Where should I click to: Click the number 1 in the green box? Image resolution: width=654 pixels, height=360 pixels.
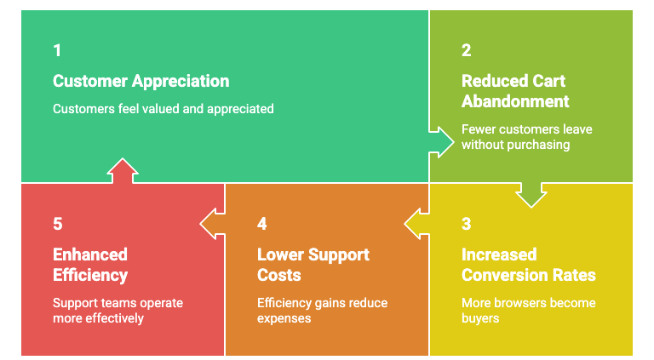coord(57,50)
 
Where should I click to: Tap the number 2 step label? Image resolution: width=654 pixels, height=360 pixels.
coord(466,50)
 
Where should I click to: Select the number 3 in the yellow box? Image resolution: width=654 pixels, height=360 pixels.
coord(466,224)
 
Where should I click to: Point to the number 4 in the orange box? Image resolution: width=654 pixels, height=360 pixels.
coord(262,224)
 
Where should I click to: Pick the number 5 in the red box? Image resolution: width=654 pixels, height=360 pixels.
coord(57,224)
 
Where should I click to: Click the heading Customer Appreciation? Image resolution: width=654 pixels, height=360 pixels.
coord(141,82)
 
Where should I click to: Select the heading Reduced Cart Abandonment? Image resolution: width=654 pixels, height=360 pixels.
coord(514,91)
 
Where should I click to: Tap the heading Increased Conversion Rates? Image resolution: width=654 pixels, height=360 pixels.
coord(528,264)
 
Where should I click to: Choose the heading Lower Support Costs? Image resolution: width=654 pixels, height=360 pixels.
coord(313,264)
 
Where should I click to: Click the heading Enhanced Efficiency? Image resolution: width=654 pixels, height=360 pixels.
coord(90,264)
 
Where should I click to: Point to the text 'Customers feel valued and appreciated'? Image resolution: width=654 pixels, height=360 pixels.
coord(163,109)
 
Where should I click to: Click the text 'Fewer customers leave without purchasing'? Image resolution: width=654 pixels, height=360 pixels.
coord(526,137)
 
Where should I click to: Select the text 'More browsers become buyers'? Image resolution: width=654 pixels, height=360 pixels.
coord(528,310)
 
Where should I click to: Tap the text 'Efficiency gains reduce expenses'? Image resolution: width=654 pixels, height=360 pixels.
coord(323,310)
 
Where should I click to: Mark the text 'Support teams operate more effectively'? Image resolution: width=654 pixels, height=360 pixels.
coord(118,310)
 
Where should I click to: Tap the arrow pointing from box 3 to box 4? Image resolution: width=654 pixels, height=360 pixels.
coord(416,224)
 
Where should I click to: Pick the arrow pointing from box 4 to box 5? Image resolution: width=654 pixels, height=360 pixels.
coord(212,224)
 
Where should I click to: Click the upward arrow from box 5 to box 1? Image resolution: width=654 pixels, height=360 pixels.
coord(123,171)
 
